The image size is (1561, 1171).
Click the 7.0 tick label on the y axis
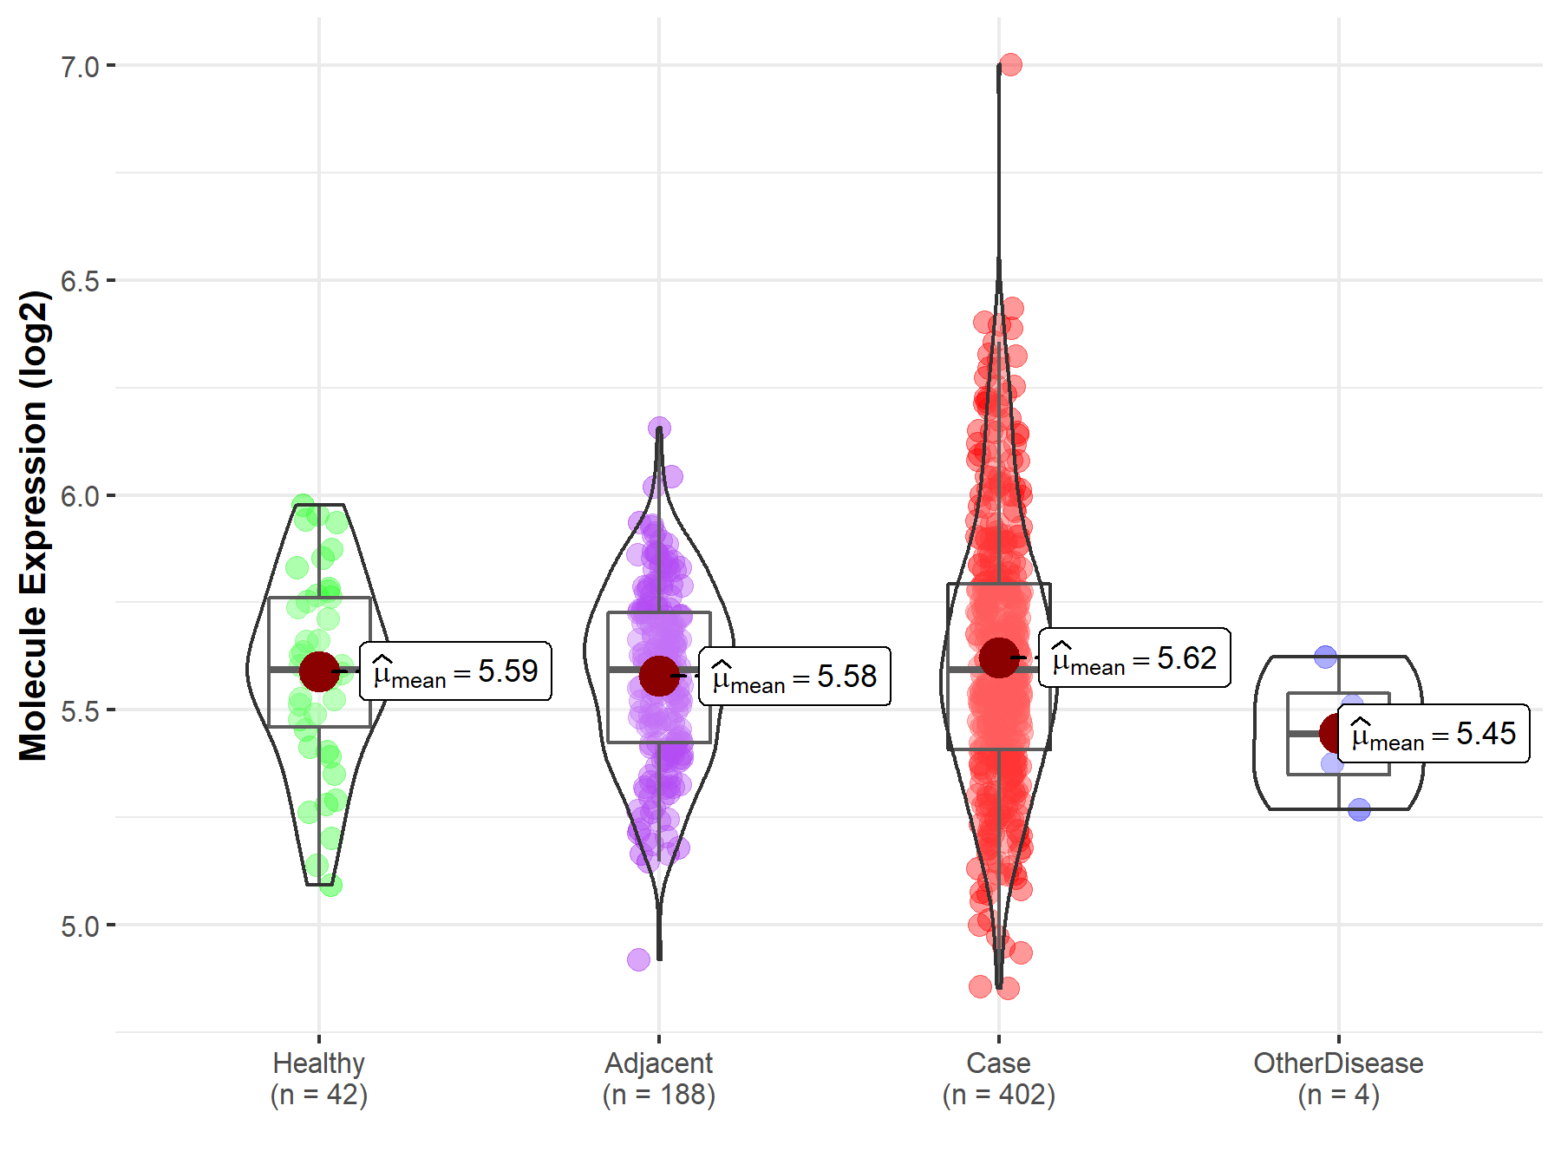click(x=80, y=67)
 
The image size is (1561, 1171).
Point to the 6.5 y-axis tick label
click(x=80, y=282)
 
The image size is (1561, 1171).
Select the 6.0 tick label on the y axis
click(x=80, y=497)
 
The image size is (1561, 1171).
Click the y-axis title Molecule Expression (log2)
click(x=34, y=526)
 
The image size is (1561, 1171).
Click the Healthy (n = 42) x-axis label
click(x=319, y=1079)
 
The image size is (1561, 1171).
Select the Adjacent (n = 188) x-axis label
click(x=659, y=1079)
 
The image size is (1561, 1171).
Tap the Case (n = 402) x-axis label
click(x=999, y=1079)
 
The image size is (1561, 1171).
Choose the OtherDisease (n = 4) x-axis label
click(x=1338, y=1079)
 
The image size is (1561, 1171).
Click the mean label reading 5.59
click(x=455, y=671)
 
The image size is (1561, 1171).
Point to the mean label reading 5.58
click(x=794, y=677)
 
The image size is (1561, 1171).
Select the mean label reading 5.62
click(x=1134, y=658)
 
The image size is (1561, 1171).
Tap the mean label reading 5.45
click(x=1434, y=734)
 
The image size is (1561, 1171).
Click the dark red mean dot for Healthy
click(x=319, y=671)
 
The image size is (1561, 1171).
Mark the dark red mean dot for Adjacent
click(x=659, y=676)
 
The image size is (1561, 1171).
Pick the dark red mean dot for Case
click(x=999, y=657)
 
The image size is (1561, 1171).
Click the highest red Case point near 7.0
click(x=1010, y=64)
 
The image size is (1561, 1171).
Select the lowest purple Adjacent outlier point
click(x=638, y=959)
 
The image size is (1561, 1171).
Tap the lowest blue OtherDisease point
click(x=1359, y=810)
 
